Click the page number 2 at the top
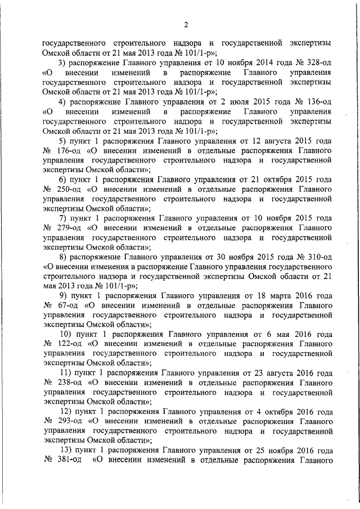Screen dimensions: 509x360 point(185,24)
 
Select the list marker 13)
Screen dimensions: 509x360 point(65,451)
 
